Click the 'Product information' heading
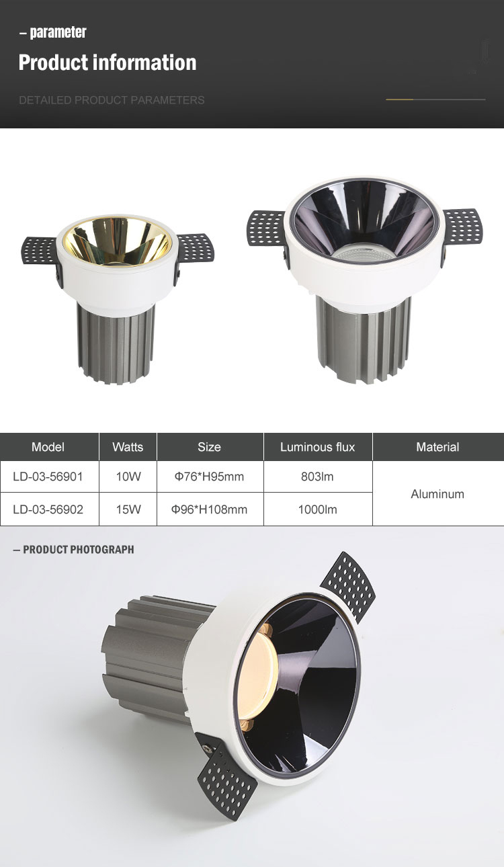click(108, 63)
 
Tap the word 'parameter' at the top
click(58, 32)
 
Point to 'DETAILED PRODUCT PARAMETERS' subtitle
click(112, 100)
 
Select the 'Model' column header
click(48, 447)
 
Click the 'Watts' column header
click(128, 447)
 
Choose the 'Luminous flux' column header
click(317, 447)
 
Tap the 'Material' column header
click(437, 447)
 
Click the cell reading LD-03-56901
click(48, 477)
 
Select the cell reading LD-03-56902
click(48, 509)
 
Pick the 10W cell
click(128, 477)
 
